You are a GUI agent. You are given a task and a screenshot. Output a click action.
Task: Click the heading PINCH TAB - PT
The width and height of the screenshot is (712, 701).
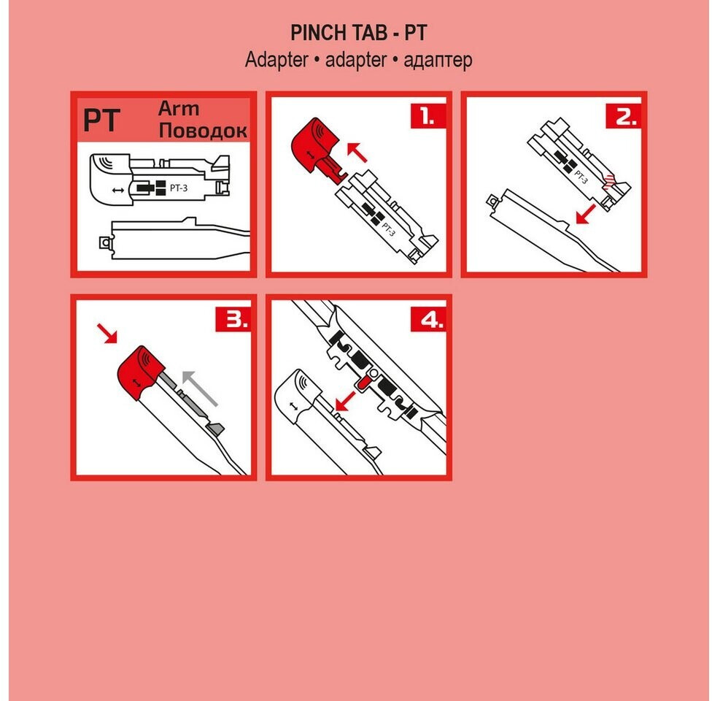(359, 33)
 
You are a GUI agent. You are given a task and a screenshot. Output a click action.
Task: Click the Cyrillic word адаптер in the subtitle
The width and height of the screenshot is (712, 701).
(438, 60)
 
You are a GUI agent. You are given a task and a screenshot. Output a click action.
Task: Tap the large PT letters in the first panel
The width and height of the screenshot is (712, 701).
(101, 120)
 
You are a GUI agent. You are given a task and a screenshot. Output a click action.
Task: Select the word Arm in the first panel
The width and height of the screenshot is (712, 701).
(179, 109)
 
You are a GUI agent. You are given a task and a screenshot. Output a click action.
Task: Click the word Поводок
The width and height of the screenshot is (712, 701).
(203, 131)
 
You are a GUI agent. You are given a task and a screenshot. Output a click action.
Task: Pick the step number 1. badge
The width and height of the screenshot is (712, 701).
(427, 116)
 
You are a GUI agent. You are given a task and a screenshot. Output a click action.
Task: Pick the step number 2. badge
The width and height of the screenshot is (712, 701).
(623, 116)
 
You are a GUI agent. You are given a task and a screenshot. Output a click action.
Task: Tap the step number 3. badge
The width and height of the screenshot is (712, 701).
(233, 319)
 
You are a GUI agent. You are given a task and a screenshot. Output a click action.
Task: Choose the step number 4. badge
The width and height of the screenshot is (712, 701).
(428, 319)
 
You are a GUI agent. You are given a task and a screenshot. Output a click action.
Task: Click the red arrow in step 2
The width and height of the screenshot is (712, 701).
(586, 214)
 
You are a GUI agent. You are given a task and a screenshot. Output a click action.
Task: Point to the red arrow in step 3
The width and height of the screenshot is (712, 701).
(107, 333)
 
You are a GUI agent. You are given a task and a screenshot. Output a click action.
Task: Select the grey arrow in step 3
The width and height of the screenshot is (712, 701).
(200, 388)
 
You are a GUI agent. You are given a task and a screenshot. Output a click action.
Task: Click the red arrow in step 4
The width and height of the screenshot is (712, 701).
(345, 400)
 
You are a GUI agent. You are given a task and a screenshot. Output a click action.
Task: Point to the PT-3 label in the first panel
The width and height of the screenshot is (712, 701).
(179, 188)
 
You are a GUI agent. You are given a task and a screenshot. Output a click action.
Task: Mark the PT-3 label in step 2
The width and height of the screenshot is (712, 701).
(581, 177)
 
